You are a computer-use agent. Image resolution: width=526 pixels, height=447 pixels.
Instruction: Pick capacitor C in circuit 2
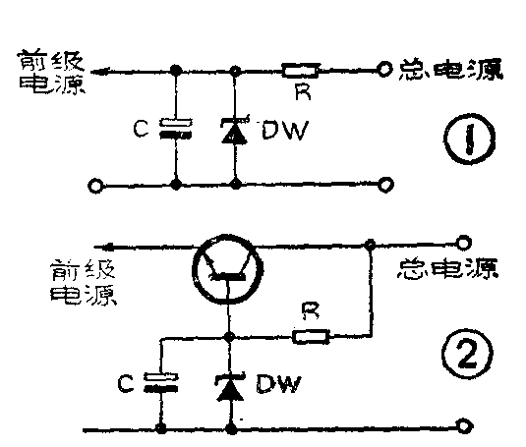pyautogui.click(x=158, y=382)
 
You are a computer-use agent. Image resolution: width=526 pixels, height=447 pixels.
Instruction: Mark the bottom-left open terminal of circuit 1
pyautogui.click(x=95, y=184)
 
